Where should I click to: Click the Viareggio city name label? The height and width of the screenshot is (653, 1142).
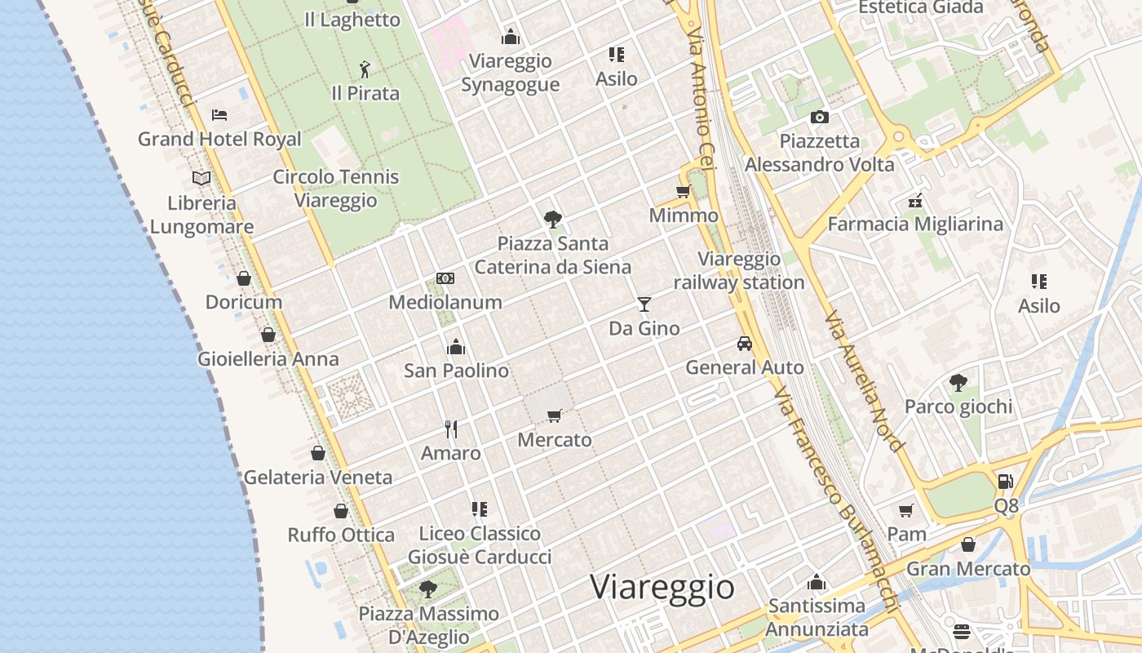tap(662, 588)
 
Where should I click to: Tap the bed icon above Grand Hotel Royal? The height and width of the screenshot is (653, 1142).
tap(219, 115)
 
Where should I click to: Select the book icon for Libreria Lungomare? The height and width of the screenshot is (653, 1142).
tap(201, 178)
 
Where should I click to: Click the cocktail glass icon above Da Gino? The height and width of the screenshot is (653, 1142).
tap(644, 304)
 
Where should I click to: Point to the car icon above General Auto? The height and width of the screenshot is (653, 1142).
tap(744, 344)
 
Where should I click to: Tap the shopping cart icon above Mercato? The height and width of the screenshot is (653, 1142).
tap(555, 416)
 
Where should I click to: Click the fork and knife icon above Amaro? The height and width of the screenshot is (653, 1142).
tap(451, 429)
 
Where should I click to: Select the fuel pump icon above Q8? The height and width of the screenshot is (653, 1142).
tap(1006, 482)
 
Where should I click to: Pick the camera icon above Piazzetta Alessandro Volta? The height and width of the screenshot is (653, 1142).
tap(820, 118)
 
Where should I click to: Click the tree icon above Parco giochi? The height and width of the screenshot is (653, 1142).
tap(958, 382)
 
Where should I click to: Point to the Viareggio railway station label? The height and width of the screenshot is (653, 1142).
tap(739, 271)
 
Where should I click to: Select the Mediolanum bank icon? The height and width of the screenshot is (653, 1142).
tap(445, 278)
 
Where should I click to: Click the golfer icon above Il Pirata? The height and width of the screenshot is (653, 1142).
tap(365, 69)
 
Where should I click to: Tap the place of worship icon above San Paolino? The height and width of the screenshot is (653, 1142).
tap(456, 347)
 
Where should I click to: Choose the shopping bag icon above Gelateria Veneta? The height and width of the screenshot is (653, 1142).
tap(318, 453)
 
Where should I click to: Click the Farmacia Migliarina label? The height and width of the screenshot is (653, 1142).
tap(915, 224)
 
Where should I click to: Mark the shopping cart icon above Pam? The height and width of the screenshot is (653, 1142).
tap(905, 511)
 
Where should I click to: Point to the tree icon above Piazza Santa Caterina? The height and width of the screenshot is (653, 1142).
tap(553, 219)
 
